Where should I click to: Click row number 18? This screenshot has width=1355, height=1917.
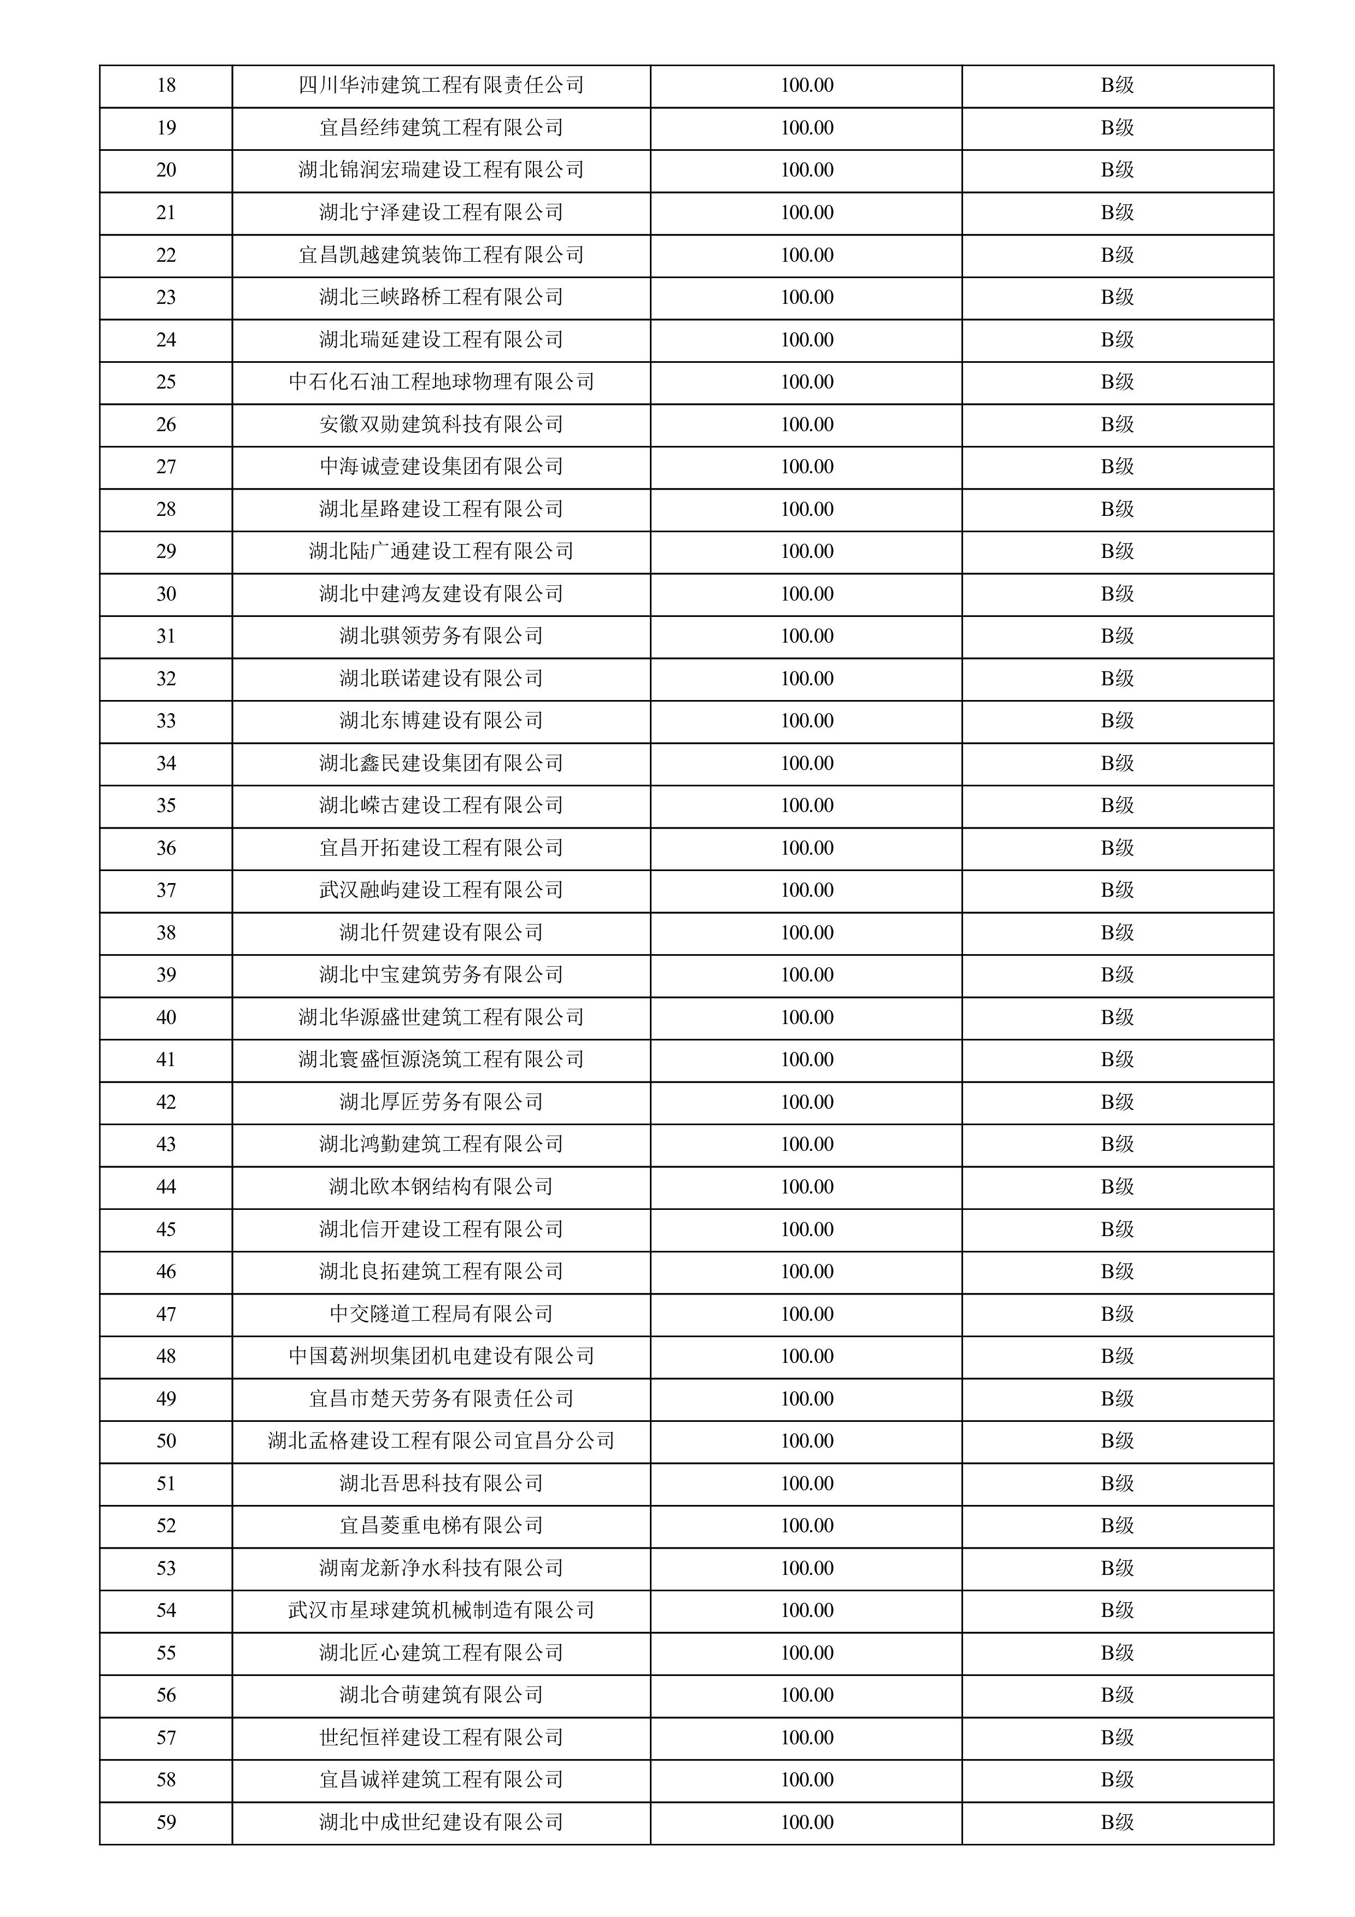pos(166,85)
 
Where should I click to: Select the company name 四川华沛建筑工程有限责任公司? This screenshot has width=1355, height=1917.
pos(441,85)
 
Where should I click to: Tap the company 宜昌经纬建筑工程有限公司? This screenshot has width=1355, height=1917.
pos(441,128)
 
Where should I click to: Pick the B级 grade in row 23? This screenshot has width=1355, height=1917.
pos(1117,297)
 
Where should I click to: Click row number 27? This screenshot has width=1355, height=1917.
pos(166,467)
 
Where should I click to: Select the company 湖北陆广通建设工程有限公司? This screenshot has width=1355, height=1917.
pos(441,551)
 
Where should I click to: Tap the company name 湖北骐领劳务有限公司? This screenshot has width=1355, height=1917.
pos(441,636)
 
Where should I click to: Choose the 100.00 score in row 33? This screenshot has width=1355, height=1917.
pos(806,721)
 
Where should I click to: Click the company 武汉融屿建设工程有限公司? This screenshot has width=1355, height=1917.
pos(441,890)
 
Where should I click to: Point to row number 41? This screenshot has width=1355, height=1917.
pos(166,1060)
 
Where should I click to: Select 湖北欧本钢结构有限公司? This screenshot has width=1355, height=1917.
pos(441,1186)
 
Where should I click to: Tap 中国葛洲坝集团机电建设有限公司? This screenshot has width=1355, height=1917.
pos(441,1356)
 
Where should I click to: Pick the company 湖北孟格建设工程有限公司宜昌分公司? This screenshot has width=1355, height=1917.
pos(441,1440)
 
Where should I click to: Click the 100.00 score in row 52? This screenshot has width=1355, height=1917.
pos(806,1525)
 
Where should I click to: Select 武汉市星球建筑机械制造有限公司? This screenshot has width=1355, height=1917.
pos(441,1610)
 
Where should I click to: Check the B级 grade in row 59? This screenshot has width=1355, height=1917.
pos(1117,1822)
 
